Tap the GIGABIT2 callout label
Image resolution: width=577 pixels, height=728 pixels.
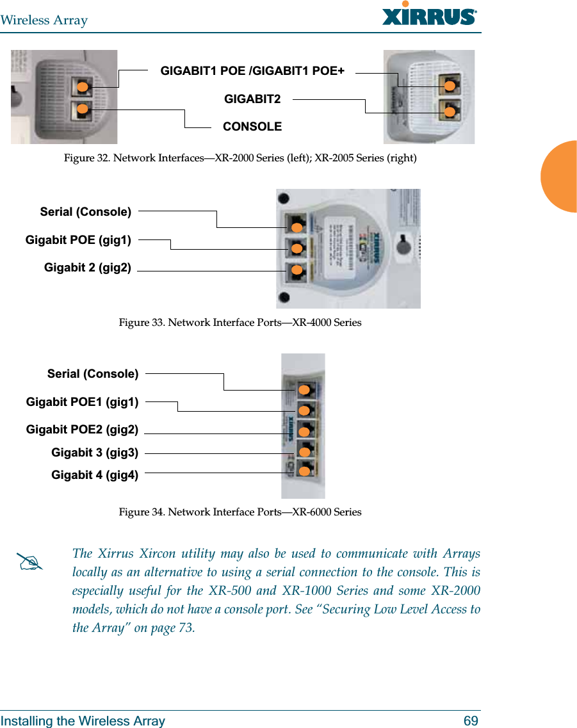point(252,99)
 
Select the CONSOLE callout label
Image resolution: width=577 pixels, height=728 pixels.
point(252,127)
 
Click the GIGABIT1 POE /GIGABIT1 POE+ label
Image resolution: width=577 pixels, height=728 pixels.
point(252,71)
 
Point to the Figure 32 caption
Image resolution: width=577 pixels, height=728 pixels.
point(240,158)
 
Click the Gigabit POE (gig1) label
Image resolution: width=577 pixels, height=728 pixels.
point(79,241)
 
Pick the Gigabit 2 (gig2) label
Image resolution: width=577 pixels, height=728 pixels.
point(88,268)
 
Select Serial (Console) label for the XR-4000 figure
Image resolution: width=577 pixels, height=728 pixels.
point(86,211)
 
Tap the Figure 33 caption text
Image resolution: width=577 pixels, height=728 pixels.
point(240,323)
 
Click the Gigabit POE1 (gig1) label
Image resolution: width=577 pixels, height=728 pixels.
point(82,402)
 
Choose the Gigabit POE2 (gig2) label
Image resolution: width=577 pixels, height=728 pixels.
point(82,430)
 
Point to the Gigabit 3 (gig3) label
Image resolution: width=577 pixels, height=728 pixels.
point(95,453)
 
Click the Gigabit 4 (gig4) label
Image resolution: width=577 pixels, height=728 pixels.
point(95,475)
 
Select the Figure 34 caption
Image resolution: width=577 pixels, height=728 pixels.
point(240,512)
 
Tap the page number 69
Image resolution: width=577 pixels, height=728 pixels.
point(471,721)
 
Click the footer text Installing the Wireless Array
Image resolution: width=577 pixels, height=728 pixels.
point(83,721)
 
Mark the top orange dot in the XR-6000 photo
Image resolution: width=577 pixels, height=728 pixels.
point(305,390)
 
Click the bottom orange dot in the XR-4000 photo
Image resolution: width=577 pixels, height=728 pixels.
point(297,270)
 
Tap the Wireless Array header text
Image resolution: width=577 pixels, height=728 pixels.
point(44,20)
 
